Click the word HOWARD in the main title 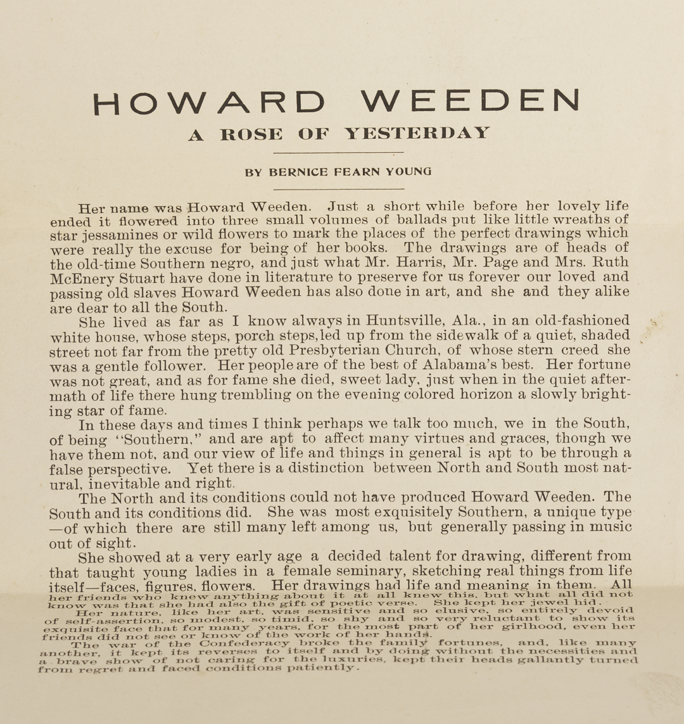point(208,101)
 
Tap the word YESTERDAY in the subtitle point(417,134)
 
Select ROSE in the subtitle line point(252,134)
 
